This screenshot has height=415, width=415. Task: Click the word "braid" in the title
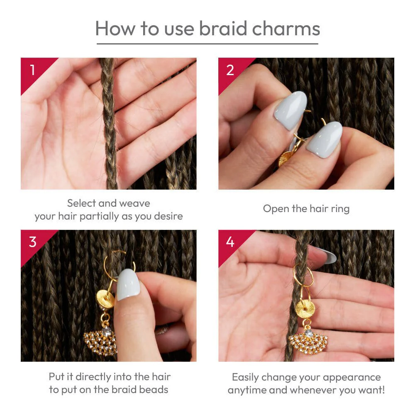[223, 28]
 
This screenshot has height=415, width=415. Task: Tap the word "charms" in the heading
[286, 29]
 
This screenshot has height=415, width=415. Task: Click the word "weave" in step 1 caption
[135, 203]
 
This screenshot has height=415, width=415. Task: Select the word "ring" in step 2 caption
[341, 209]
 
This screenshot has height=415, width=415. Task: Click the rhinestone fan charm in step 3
[100, 342]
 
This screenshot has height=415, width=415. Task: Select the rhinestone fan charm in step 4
[308, 342]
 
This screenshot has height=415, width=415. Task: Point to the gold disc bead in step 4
[305, 308]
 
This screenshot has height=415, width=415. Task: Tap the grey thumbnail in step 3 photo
[128, 285]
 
